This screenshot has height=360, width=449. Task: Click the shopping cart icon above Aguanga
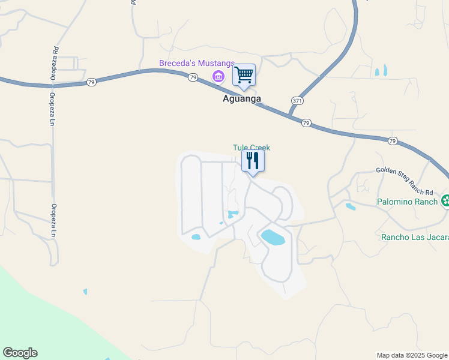(244, 75)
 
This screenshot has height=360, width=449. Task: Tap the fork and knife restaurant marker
(253, 160)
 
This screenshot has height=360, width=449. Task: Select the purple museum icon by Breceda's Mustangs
(218, 76)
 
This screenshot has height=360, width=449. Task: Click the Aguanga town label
(239, 100)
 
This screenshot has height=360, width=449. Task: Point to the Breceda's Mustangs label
(196, 64)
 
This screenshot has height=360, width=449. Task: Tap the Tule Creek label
(252, 148)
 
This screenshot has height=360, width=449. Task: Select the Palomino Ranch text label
(408, 202)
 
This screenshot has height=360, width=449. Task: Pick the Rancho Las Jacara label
(415, 237)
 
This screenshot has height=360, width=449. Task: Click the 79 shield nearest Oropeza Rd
(91, 82)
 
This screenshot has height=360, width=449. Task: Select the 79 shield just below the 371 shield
(306, 123)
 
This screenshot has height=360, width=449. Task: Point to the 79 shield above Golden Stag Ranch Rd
(393, 141)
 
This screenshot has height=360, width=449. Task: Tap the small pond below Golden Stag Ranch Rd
(351, 207)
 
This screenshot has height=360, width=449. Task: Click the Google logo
(20, 353)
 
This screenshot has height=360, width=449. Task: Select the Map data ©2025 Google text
(412, 355)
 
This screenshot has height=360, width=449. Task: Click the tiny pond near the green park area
(85, 292)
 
